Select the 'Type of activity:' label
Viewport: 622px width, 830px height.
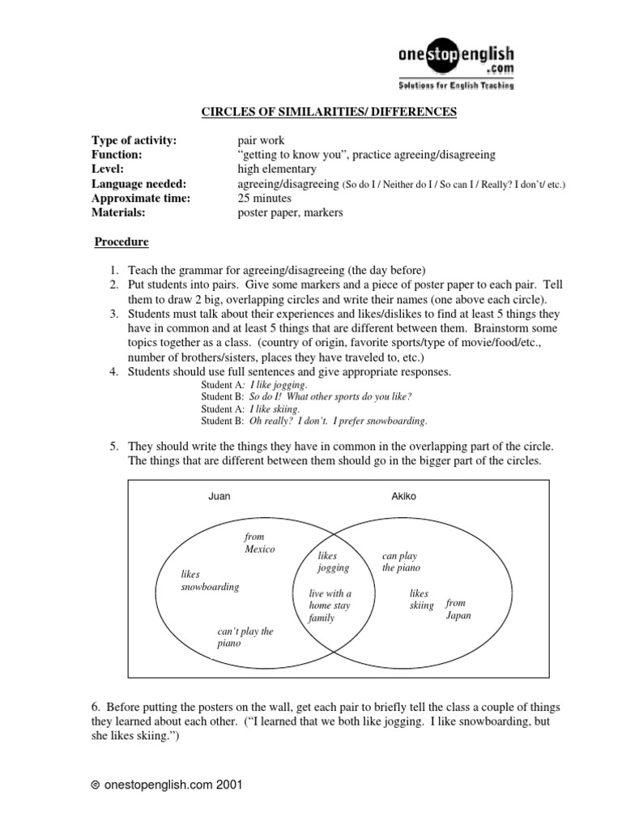click(x=134, y=140)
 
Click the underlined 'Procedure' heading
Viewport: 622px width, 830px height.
click(x=121, y=242)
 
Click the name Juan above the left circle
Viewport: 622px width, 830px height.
click(x=219, y=496)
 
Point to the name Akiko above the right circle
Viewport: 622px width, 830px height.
click(x=403, y=496)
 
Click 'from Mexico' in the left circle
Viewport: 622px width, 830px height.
click(x=260, y=543)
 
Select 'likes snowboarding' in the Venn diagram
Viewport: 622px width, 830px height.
click(x=210, y=580)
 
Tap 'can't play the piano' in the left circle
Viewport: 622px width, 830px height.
click(x=245, y=637)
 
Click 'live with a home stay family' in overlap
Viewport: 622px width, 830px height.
click(x=330, y=605)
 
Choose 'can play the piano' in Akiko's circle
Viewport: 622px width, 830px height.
click(x=401, y=562)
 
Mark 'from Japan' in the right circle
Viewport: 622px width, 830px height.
click(x=457, y=609)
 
